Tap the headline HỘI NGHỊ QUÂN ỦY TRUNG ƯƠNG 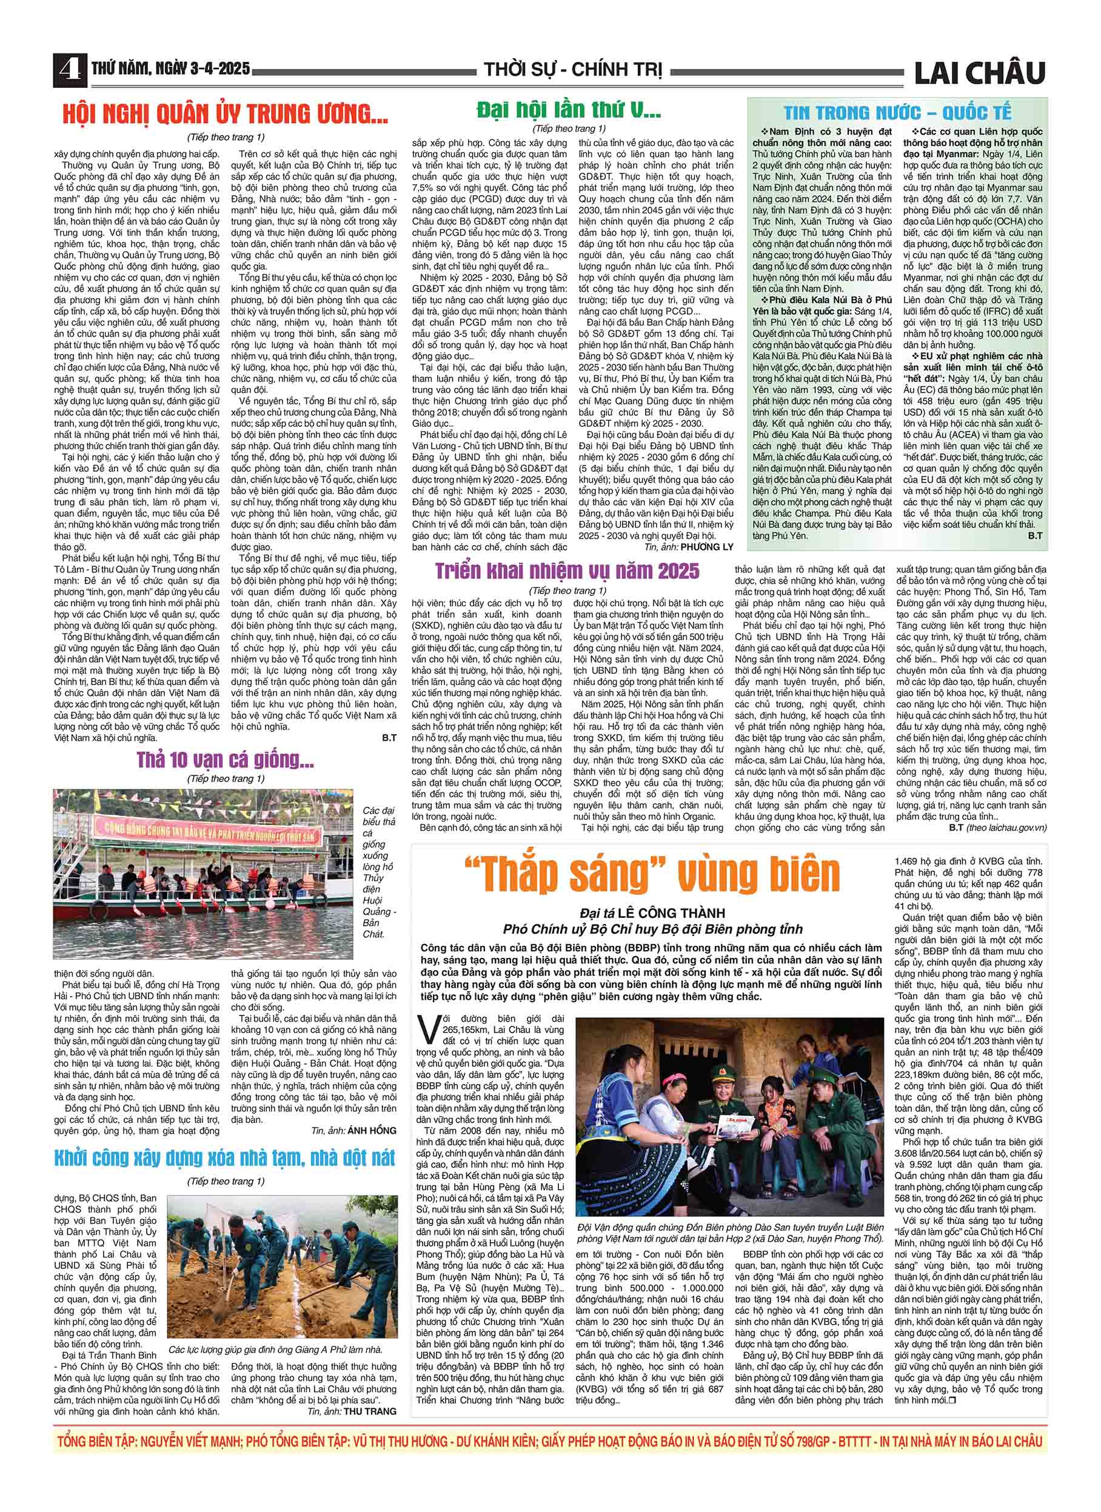coord(225,114)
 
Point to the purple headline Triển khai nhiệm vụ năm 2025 coord(567,570)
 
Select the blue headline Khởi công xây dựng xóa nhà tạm coord(225,1158)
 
